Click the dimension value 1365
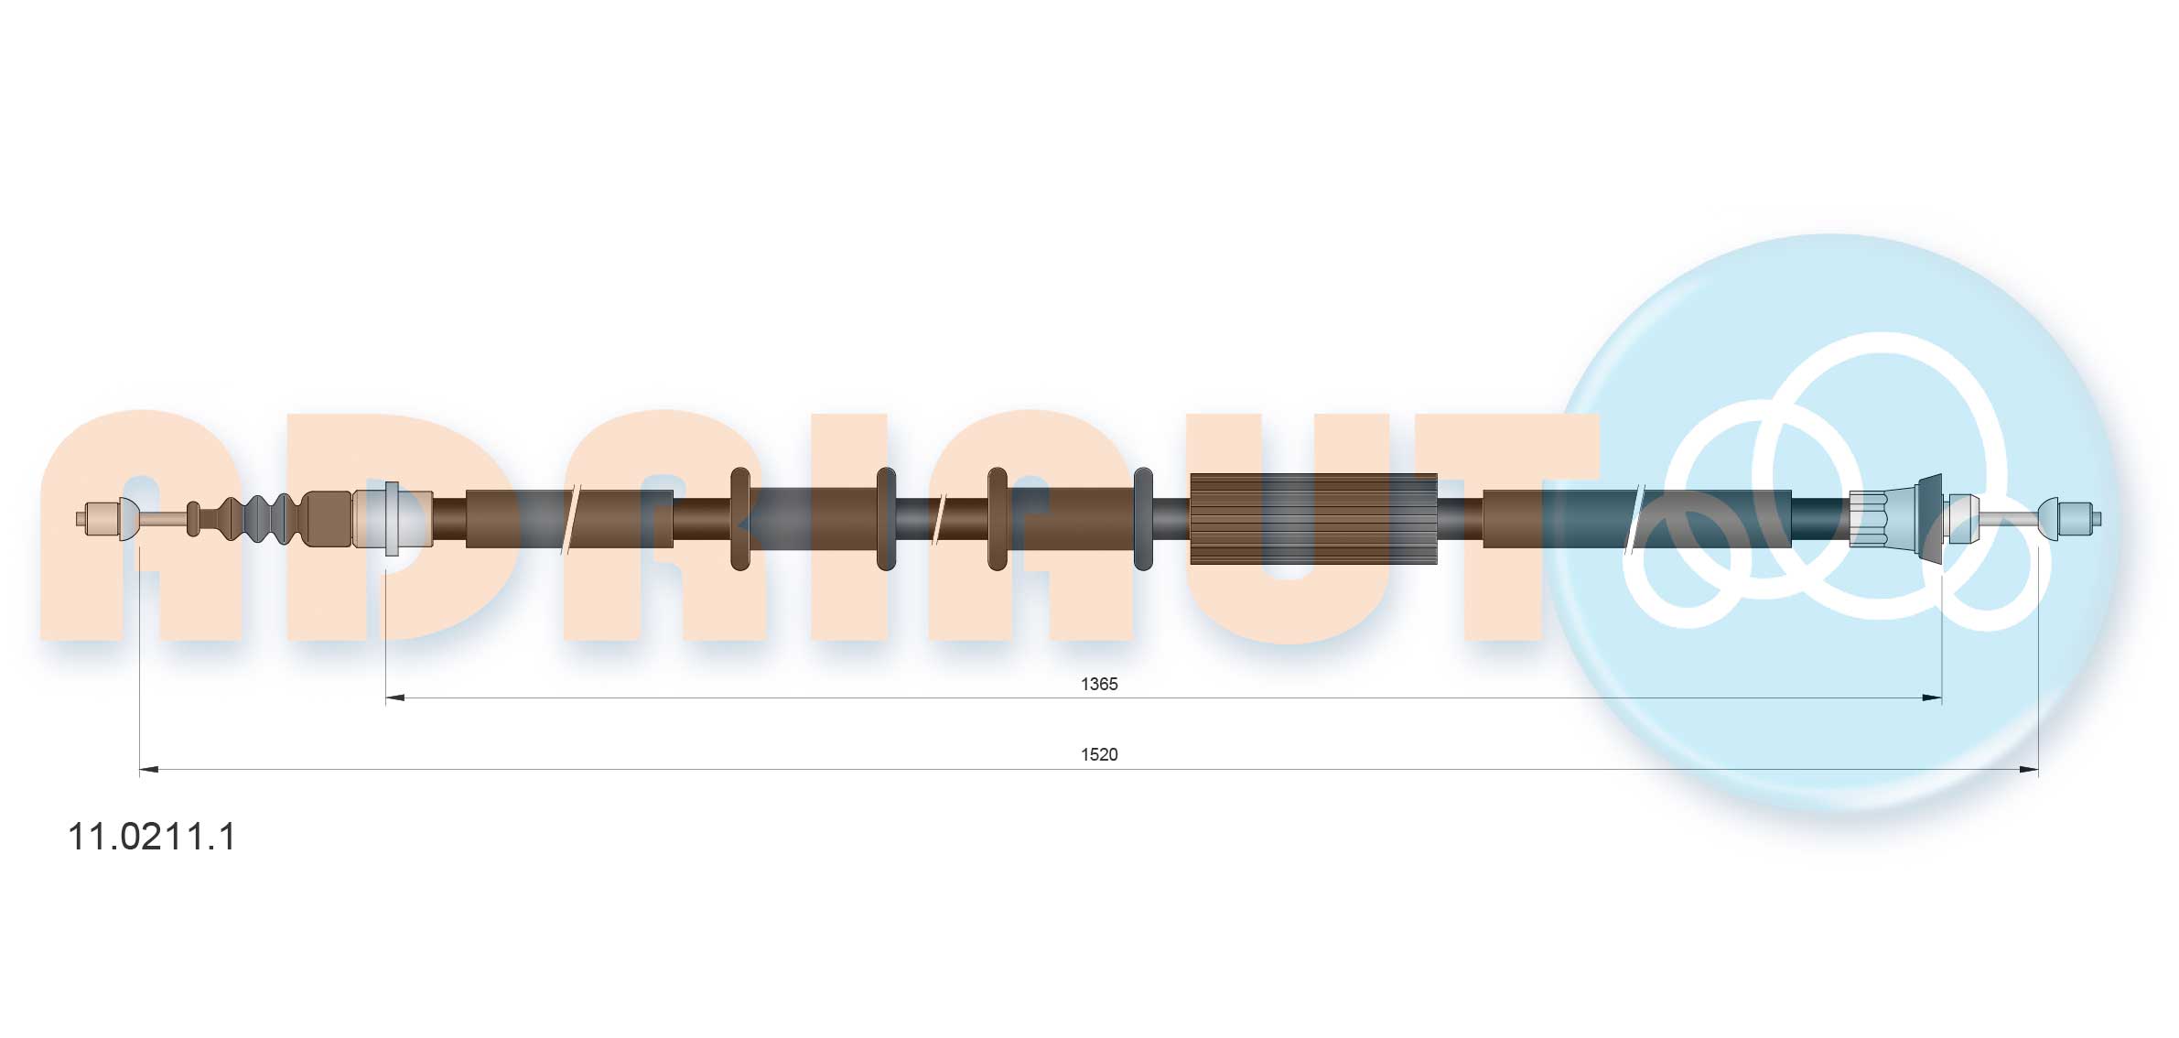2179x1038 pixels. coord(1098,684)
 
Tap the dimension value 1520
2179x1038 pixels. coord(1098,754)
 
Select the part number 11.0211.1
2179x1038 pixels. coord(152,837)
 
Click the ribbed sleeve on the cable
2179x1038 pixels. coord(1312,519)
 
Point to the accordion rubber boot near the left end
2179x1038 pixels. coord(260,519)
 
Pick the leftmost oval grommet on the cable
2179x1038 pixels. coord(739,519)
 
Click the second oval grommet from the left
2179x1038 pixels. coord(885,519)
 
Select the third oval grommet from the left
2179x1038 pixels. coord(997,519)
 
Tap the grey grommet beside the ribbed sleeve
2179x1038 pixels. coord(1142,519)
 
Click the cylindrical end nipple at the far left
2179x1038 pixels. coord(97,519)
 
